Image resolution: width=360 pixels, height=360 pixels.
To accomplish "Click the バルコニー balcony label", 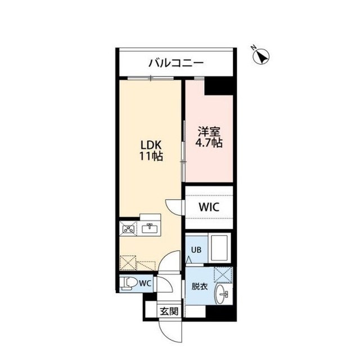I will click(175, 63).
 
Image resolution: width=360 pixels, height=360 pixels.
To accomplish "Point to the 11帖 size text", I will click(151, 157).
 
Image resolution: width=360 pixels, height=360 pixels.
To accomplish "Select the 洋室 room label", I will click(209, 132).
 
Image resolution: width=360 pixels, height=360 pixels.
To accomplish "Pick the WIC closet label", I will click(208, 206).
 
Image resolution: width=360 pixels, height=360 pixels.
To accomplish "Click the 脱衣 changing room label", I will click(200, 286).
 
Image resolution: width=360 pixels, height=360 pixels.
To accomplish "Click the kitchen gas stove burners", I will click(128, 228).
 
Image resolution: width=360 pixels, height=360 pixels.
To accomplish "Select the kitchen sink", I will click(150, 228).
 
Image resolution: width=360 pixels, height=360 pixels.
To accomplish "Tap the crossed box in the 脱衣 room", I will click(224, 275).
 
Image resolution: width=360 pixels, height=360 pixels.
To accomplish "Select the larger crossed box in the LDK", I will click(128, 262).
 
